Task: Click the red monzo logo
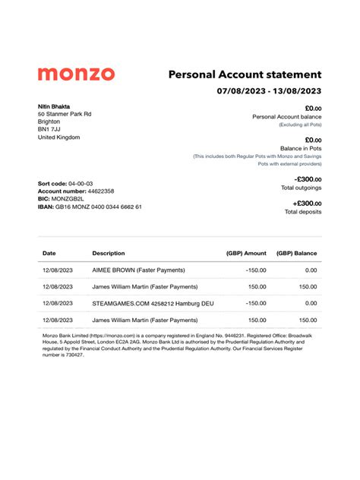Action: pyautogui.click(x=76, y=74)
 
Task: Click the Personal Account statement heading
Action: pyautogui.click(x=245, y=74)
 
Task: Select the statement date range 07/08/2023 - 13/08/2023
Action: pyautogui.click(x=269, y=92)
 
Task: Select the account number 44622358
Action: pyautogui.click(x=97, y=191)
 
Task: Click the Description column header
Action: pyautogui.click(x=109, y=253)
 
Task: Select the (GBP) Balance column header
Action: pyautogui.click(x=296, y=253)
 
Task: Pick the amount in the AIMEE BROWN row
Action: pyautogui.click(x=256, y=270)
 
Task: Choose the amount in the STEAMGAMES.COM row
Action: pyautogui.click(x=256, y=303)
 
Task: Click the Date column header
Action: pyautogui.click(x=49, y=253)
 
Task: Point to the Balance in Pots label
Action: pyautogui.click(x=301, y=148)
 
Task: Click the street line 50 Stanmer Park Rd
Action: pyautogui.click(x=65, y=114)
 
